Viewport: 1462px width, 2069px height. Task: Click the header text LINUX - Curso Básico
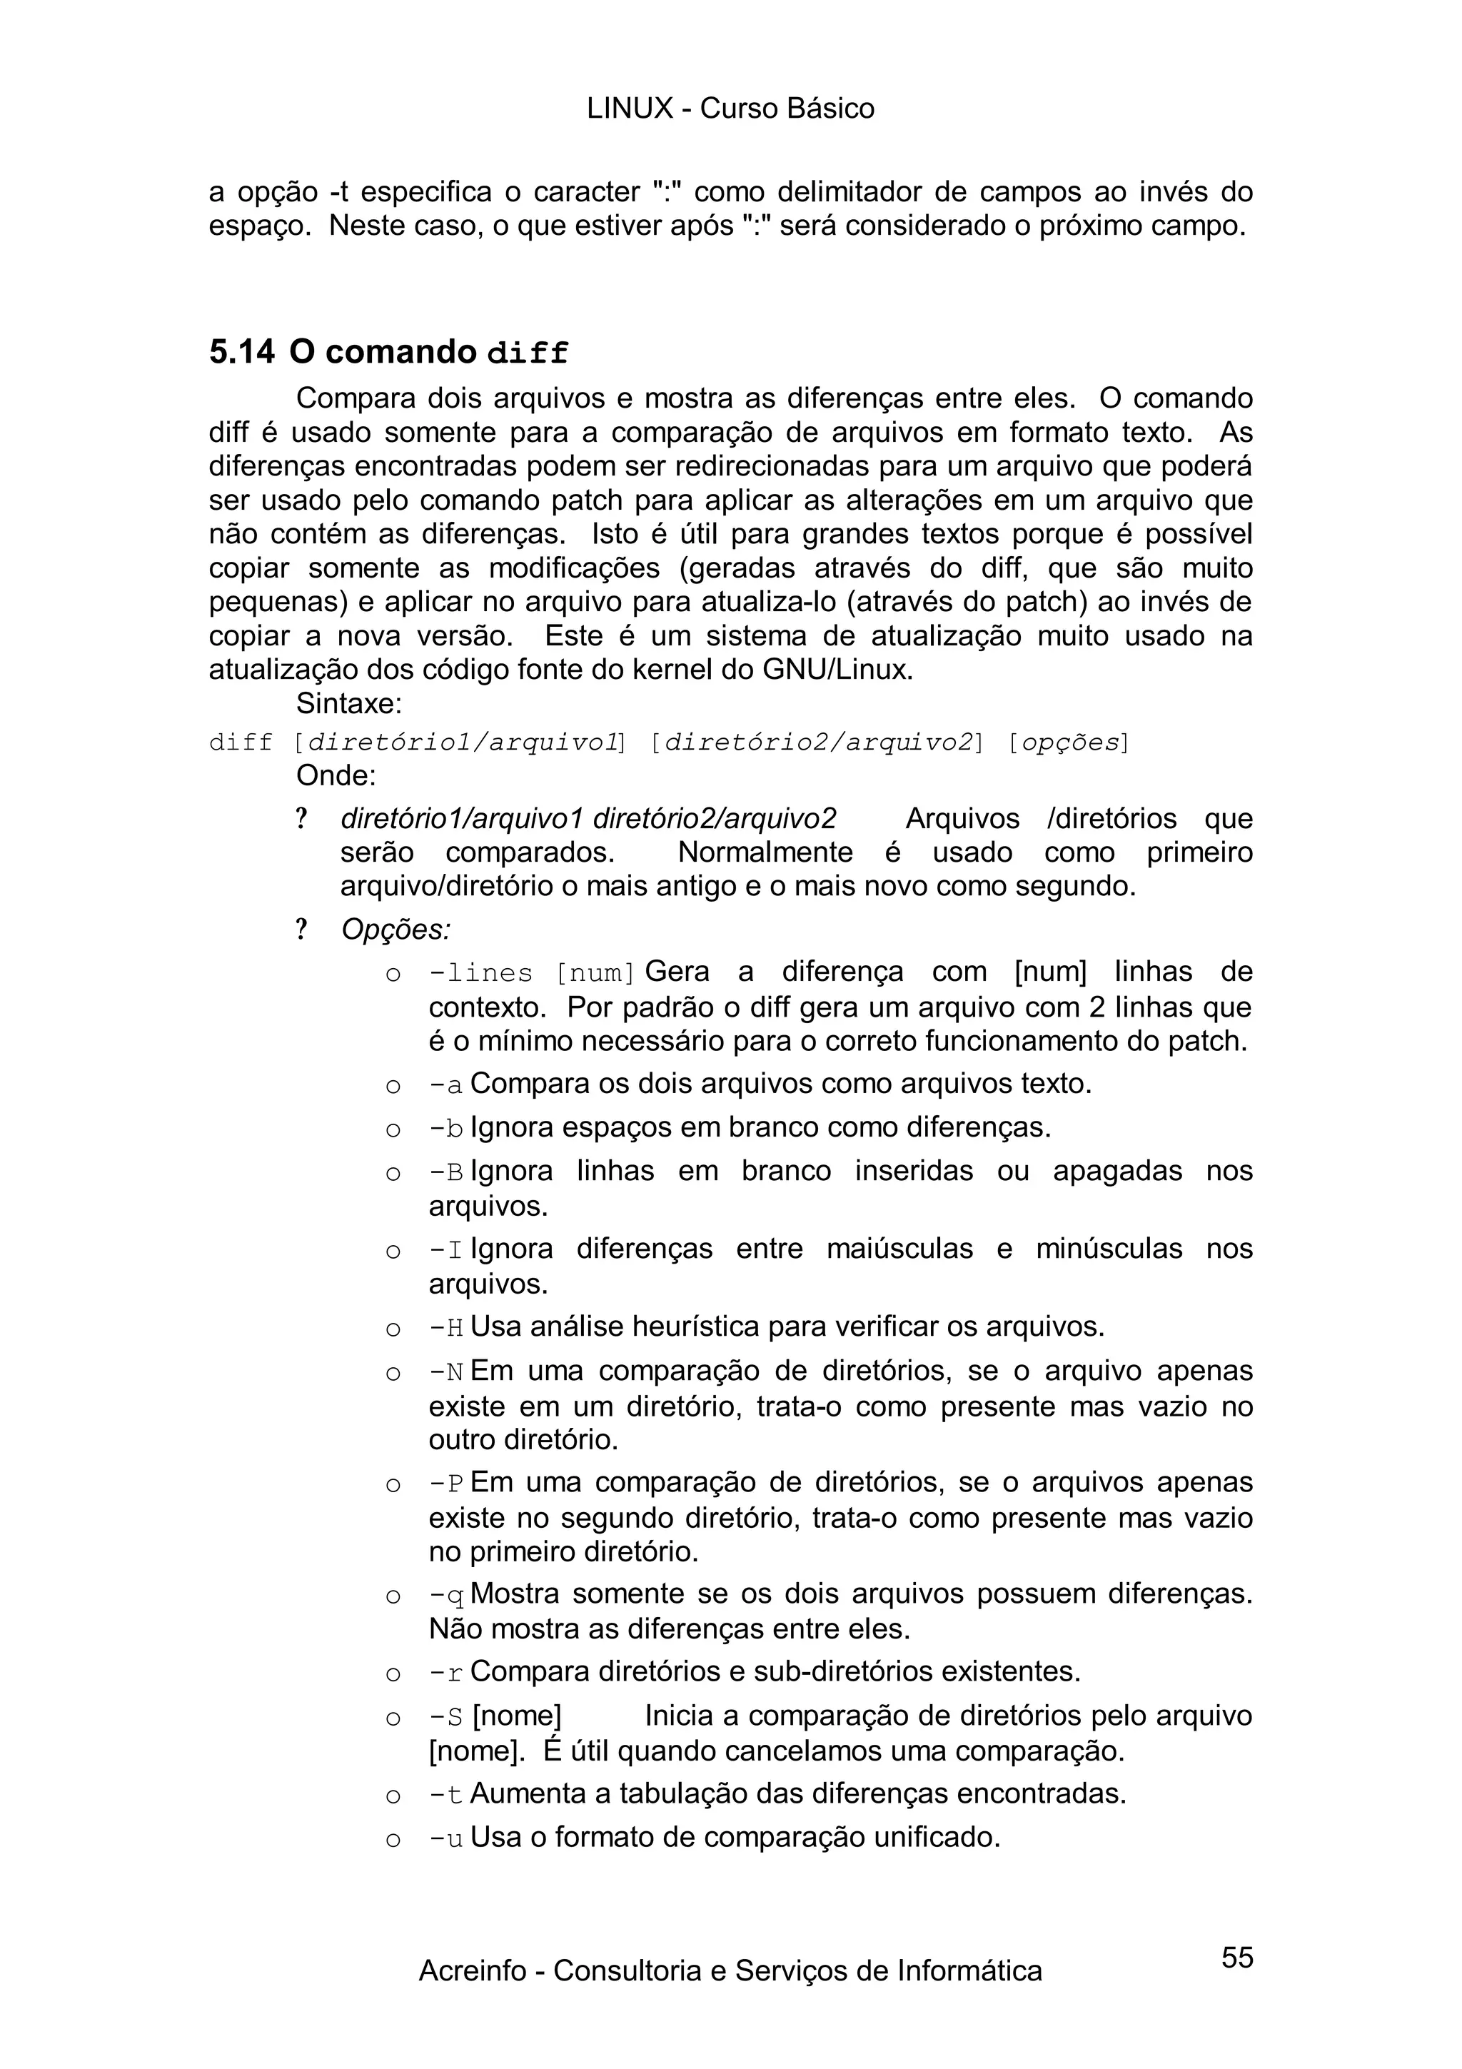[x=730, y=109]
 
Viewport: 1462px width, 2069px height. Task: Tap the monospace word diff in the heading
[x=527, y=354]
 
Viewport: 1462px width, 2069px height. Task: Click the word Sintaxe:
[x=348, y=703]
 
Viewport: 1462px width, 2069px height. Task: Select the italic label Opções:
[x=395, y=929]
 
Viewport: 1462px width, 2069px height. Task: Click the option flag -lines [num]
[x=531, y=974]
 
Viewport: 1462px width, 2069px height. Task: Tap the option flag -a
[x=445, y=1085]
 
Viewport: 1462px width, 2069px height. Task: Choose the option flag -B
[x=445, y=1172]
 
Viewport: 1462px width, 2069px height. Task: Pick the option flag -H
[x=445, y=1328]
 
